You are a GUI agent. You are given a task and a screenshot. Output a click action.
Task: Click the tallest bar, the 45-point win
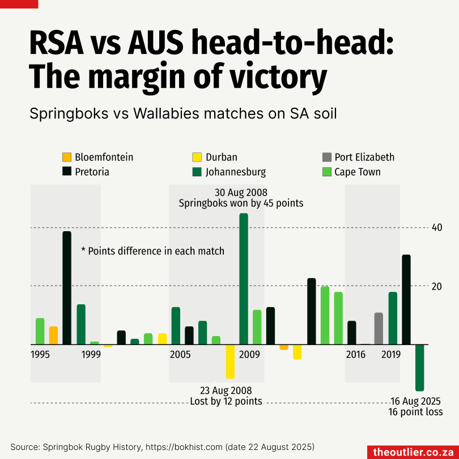pyautogui.click(x=244, y=278)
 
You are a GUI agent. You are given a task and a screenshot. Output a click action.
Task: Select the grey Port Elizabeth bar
pyautogui.click(x=379, y=329)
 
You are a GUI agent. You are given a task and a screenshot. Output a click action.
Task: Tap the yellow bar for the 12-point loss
pyautogui.click(x=230, y=361)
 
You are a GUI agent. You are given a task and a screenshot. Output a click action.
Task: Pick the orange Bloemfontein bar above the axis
pyautogui.click(x=53, y=335)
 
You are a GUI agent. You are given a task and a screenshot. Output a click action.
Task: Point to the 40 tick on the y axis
pyautogui.click(x=437, y=227)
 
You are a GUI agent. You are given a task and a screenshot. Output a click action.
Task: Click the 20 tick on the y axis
pyautogui.click(x=437, y=286)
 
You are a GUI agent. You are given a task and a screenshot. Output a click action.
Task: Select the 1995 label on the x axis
pyautogui.click(x=40, y=355)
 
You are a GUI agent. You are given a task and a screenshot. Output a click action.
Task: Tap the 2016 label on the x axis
pyautogui.click(x=356, y=355)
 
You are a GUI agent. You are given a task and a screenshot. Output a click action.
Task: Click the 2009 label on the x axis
pyautogui.click(x=249, y=355)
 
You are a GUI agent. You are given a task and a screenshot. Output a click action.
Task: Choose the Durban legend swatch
pyautogui.click(x=197, y=157)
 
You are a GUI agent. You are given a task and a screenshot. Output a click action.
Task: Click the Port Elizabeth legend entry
pyautogui.click(x=364, y=157)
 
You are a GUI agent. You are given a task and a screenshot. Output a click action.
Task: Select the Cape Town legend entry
pyautogui.click(x=357, y=172)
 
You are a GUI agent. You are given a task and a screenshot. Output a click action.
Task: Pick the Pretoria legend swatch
pyautogui.click(x=66, y=172)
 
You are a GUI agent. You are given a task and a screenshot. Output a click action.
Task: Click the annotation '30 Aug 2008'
pyautogui.click(x=241, y=192)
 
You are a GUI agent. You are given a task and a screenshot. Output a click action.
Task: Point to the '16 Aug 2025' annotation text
pyautogui.click(x=416, y=402)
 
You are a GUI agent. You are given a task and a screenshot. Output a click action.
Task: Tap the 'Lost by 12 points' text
pyautogui.click(x=226, y=401)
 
